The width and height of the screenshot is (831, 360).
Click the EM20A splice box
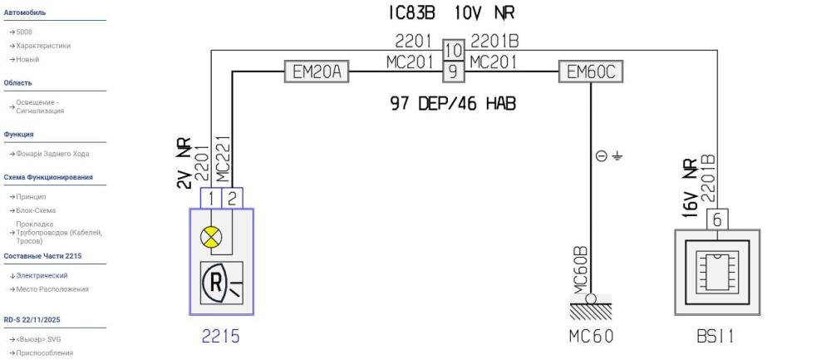click(x=316, y=72)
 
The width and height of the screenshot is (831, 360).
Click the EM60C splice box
click(x=590, y=72)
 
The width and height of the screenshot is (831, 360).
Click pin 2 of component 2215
click(x=232, y=197)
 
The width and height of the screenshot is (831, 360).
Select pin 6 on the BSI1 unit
click(x=717, y=219)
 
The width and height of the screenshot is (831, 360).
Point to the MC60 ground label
click(x=591, y=337)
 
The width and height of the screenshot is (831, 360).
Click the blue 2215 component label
click(x=221, y=337)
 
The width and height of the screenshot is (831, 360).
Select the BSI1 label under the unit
click(x=717, y=337)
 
